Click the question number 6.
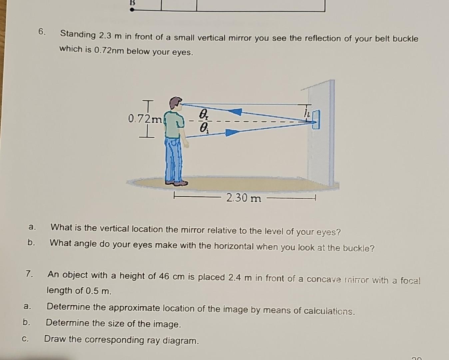pyautogui.click(x=42, y=32)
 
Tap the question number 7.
pyautogui.click(x=29, y=274)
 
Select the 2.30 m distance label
pyautogui.click(x=243, y=198)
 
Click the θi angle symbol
pyautogui.click(x=203, y=127)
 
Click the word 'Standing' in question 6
pyautogui.click(x=78, y=34)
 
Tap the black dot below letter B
pyautogui.click(x=132, y=10)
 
